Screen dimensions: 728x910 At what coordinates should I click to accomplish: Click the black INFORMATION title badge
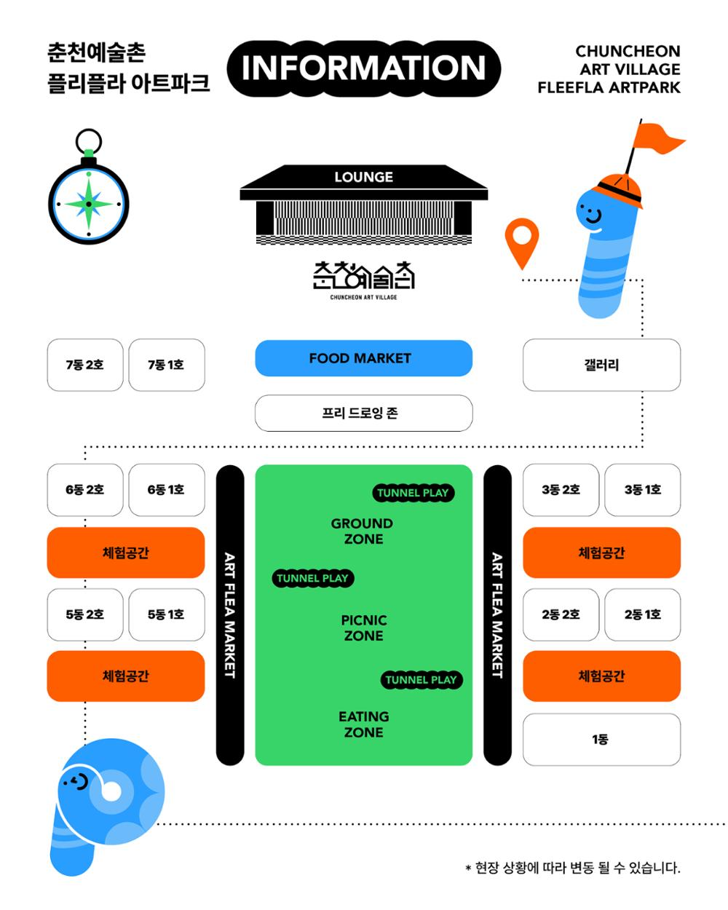click(363, 68)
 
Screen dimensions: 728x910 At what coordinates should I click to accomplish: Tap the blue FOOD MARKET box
click(363, 358)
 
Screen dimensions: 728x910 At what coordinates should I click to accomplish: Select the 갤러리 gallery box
click(601, 365)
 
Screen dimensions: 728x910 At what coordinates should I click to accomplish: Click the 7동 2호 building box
click(85, 365)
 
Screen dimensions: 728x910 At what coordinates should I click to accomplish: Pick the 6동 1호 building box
click(167, 490)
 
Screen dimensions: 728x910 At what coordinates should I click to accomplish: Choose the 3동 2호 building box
click(561, 490)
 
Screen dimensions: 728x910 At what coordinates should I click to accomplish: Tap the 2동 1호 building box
click(643, 614)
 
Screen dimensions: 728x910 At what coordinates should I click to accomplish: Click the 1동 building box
click(601, 740)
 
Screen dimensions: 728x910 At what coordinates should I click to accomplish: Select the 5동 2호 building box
click(85, 614)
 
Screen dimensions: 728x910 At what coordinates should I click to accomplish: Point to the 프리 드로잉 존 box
click(363, 413)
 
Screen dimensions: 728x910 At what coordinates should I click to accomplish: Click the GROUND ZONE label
click(363, 531)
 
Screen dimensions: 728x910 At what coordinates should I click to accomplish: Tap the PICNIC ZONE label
click(364, 628)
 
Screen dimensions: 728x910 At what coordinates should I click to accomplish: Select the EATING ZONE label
click(364, 724)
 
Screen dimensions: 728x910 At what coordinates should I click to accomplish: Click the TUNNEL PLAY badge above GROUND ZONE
click(414, 493)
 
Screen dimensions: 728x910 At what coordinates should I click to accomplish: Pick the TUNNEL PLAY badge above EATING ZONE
click(422, 679)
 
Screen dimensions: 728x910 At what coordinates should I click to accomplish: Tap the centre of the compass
click(88, 205)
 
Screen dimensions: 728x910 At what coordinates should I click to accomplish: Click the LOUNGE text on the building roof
click(364, 177)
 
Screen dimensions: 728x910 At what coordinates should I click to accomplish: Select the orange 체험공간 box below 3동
click(601, 553)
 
